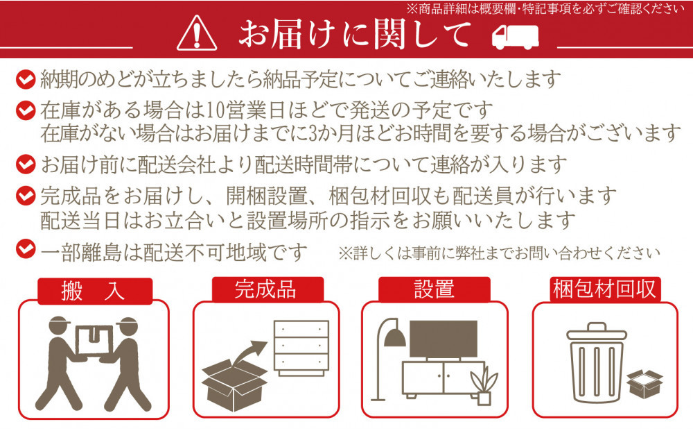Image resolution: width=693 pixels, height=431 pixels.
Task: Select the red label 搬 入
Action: pyautogui.click(x=94, y=291)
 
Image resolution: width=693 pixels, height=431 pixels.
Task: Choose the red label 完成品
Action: pyautogui.click(x=265, y=289)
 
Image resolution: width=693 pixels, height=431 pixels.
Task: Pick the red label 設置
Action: pyautogui.click(x=435, y=289)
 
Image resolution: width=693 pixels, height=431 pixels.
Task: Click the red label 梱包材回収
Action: pyautogui.click(x=604, y=289)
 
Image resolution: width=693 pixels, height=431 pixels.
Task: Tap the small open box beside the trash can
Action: pyautogui.click(x=644, y=384)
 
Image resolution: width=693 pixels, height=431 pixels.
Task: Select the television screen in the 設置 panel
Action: pyautogui.click(x=438, y=341)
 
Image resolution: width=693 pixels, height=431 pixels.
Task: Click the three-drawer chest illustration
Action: pyautogui.click(x=301, y=348)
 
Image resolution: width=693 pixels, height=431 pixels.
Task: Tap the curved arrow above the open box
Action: pyautogui.click(x=249, y=353)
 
